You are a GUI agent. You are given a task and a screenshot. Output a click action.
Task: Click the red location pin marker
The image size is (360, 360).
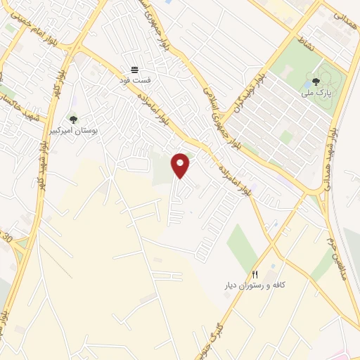click(181, 165)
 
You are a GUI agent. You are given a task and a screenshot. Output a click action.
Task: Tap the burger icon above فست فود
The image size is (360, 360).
click(134, 70)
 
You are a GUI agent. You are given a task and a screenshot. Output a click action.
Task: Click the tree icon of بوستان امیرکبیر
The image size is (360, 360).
click(73, 120)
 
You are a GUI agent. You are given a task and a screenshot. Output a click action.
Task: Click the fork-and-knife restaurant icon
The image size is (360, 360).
click(256, 274)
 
